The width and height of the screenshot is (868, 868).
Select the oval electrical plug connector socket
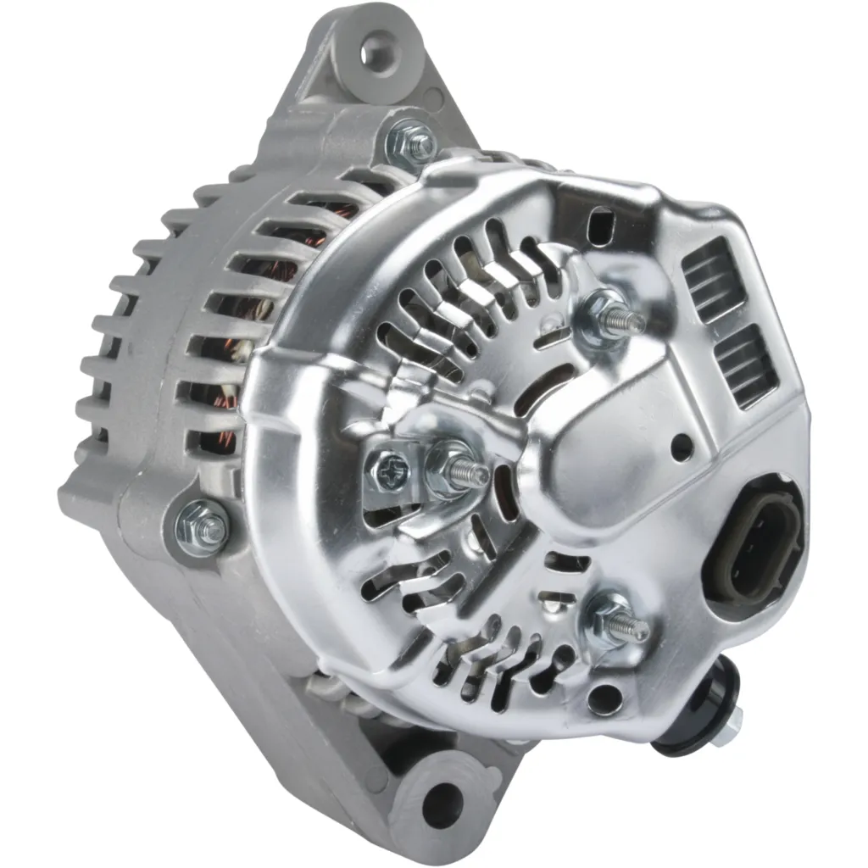pyautogui.click(x=759, y=542)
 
